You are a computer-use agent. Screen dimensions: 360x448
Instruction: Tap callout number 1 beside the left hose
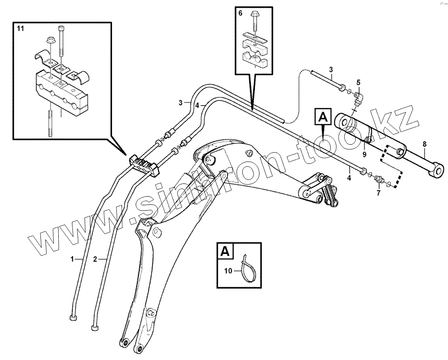[x=72, y=259]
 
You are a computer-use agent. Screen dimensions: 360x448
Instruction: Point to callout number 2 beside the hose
[x=95, y=259]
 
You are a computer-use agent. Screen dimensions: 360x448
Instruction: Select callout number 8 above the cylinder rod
[x=424, y=144]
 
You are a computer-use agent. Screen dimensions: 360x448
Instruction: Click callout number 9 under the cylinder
[x=364, y=155]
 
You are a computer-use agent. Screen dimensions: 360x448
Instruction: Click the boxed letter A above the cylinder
[x=322, y=118]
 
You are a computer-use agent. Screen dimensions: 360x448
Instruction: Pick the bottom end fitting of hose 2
[x=95, y=327]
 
